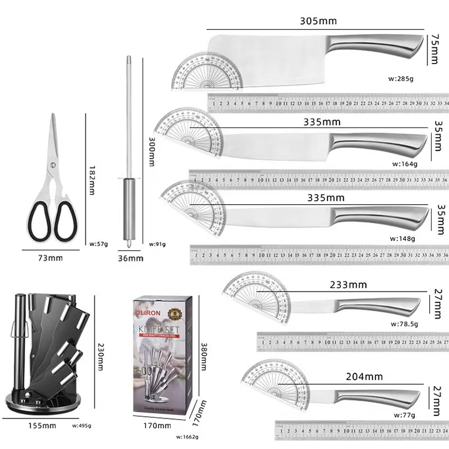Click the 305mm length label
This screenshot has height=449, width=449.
click(318, 21)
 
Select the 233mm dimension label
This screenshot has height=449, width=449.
click(348, 285)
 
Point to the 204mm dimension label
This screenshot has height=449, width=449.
click(364, 377)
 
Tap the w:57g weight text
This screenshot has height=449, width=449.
click(98, 244)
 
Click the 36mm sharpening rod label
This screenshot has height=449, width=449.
click(131, 258)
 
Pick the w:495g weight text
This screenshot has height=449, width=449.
click(81, 426)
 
